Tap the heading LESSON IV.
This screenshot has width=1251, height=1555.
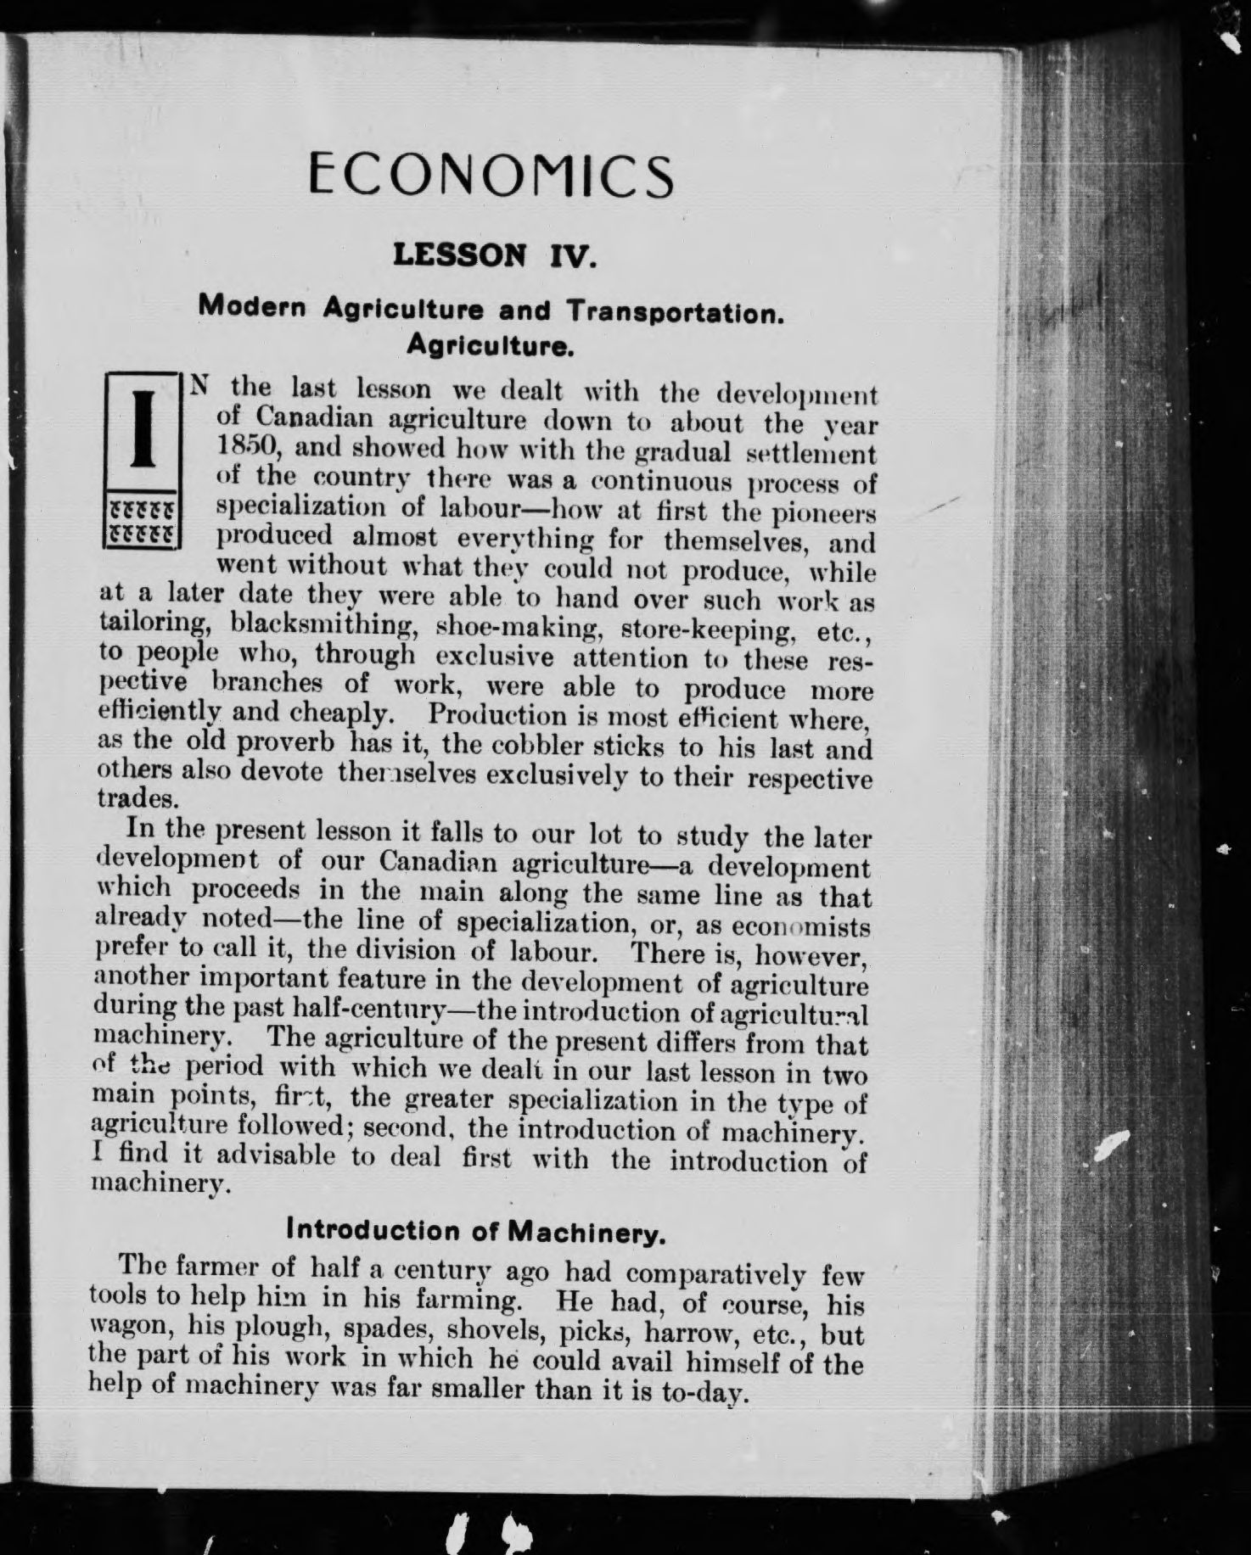tap(496, 255)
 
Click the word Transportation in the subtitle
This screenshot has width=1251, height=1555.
tap(674, 312)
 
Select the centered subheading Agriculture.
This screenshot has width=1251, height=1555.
tap(491, 345)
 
